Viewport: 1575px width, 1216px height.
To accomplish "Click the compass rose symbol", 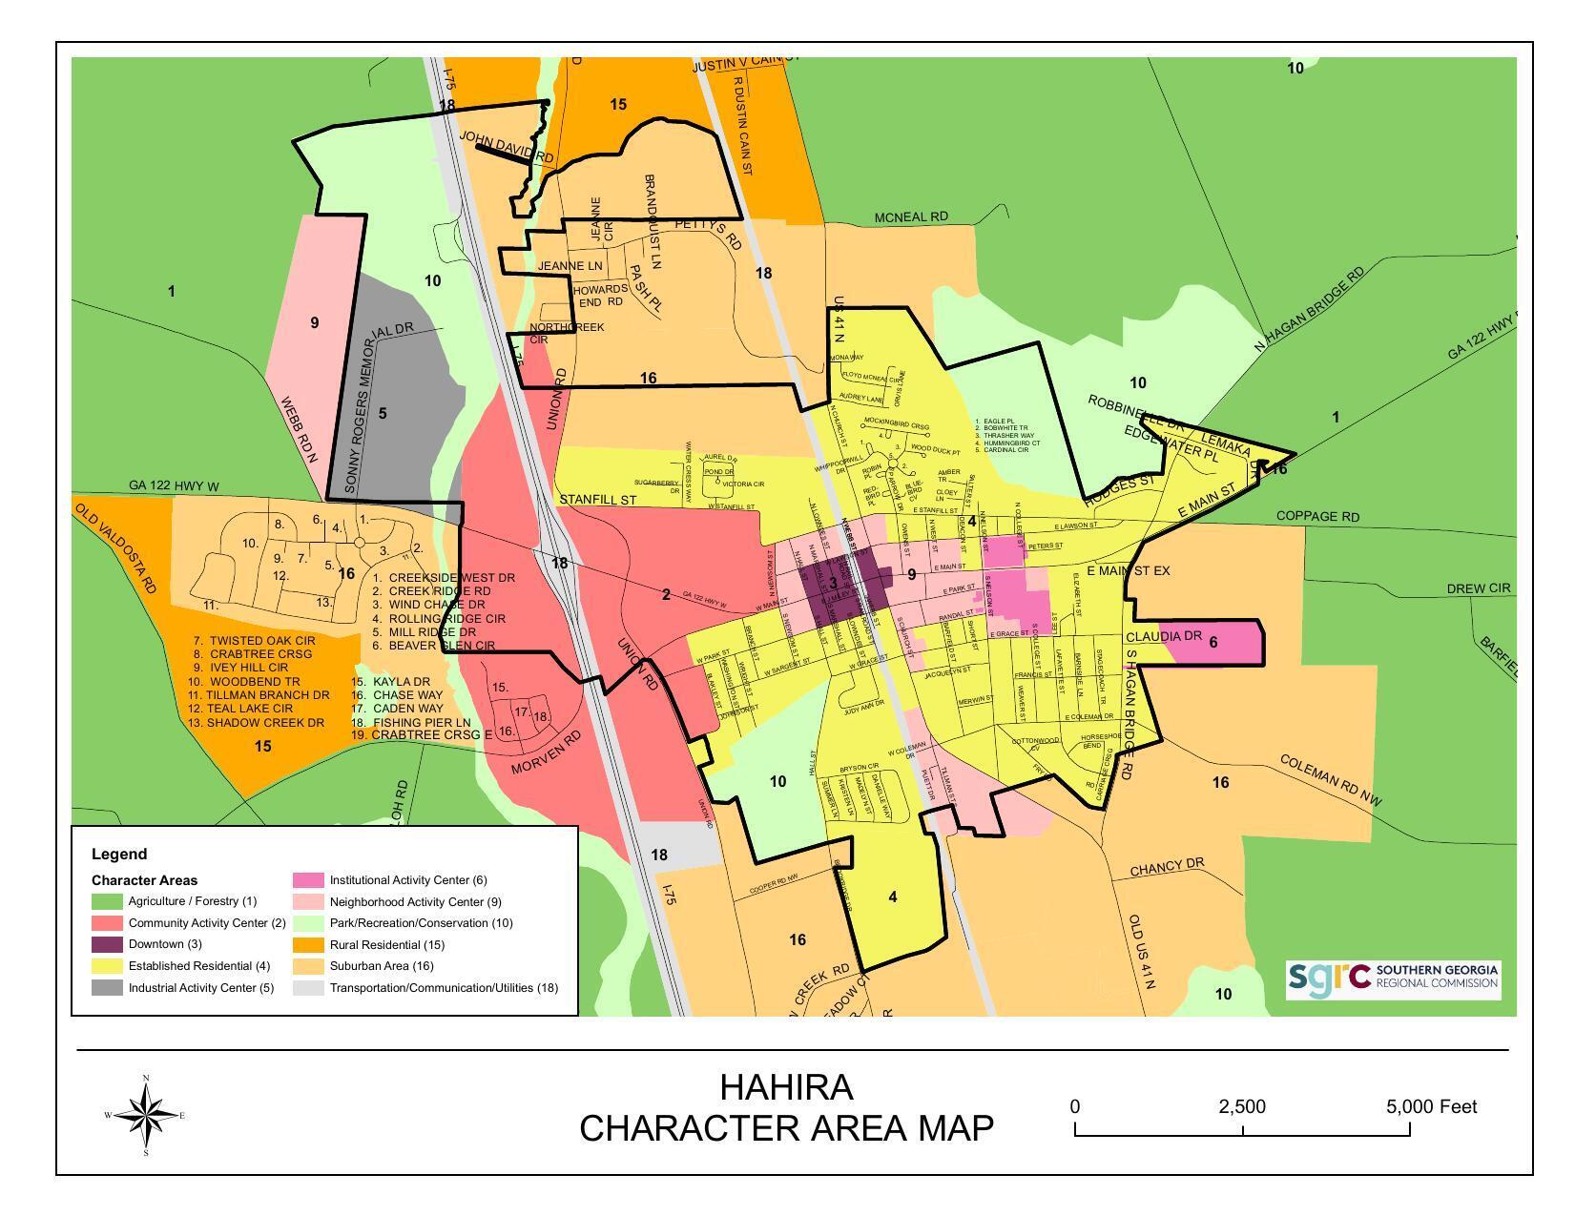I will click(145, 1115).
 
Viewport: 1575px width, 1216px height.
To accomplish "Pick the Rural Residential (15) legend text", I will click(386, 945).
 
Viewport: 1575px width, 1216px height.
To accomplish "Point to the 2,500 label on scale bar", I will click(1241, 1107).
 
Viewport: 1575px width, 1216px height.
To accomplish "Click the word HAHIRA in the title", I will click(786, 1087).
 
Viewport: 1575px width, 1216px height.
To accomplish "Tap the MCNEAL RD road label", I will click(911, 217).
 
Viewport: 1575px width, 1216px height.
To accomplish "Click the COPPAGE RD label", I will click(1317, 517).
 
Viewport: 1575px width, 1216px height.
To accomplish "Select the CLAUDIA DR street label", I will click(1164, 636).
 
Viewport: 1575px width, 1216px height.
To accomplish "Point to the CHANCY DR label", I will click(1167, 867).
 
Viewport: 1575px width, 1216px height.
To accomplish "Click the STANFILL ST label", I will click(597, 500).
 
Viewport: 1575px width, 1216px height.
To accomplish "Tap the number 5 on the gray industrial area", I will click(383, 413).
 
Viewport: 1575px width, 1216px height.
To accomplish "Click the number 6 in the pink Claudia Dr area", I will click(1213, 642).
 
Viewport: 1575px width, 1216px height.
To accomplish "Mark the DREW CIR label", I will click(1478, 588).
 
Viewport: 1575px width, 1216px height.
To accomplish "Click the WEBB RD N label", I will click(299, 431).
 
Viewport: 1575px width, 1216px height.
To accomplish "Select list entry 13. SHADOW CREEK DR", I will click(256, 723).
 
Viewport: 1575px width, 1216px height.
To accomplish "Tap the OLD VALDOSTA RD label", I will click(115, 549).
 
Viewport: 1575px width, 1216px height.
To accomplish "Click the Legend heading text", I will click(119, 855).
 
